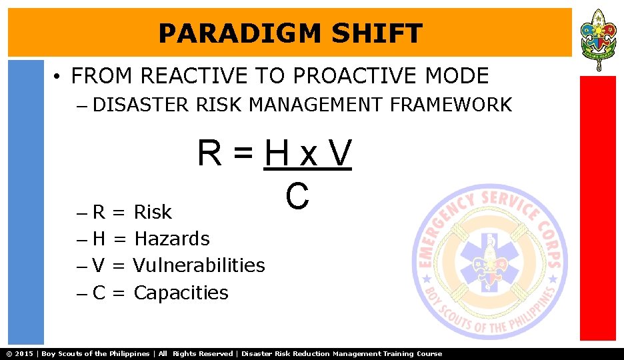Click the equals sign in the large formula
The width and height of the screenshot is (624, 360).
tap(243, 155)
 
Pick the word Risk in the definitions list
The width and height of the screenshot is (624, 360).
tap(153, 212)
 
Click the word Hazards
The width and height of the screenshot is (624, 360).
tap(171, 239)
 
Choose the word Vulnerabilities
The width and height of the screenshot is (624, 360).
tap(199, 265)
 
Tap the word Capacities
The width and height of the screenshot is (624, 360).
tap(181, 293)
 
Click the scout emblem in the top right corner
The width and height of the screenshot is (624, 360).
tap(598, 39)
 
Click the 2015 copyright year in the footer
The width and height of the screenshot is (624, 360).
tap(23, 354)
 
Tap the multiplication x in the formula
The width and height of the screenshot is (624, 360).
tap(308, 156)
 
